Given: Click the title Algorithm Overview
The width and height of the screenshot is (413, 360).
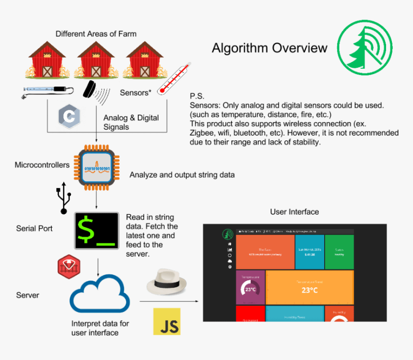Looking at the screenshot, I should point(269,48).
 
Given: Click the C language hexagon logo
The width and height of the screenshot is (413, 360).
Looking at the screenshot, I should point(69,117).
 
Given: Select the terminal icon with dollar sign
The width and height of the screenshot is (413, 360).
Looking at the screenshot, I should point(97,231).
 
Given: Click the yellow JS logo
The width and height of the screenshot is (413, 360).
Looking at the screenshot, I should point(167,322).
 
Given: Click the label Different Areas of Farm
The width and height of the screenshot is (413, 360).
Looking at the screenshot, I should point(96,34).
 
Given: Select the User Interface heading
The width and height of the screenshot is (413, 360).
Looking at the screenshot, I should point(294,211).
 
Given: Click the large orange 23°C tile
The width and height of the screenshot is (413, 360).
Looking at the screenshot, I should point(310,287).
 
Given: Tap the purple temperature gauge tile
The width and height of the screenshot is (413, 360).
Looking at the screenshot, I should point(250,287).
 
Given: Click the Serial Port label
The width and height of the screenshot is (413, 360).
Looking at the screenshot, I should point(34,228).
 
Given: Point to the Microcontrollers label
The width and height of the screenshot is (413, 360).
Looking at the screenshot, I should point(42,165).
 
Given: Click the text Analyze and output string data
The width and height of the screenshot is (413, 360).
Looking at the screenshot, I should point(182,175).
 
